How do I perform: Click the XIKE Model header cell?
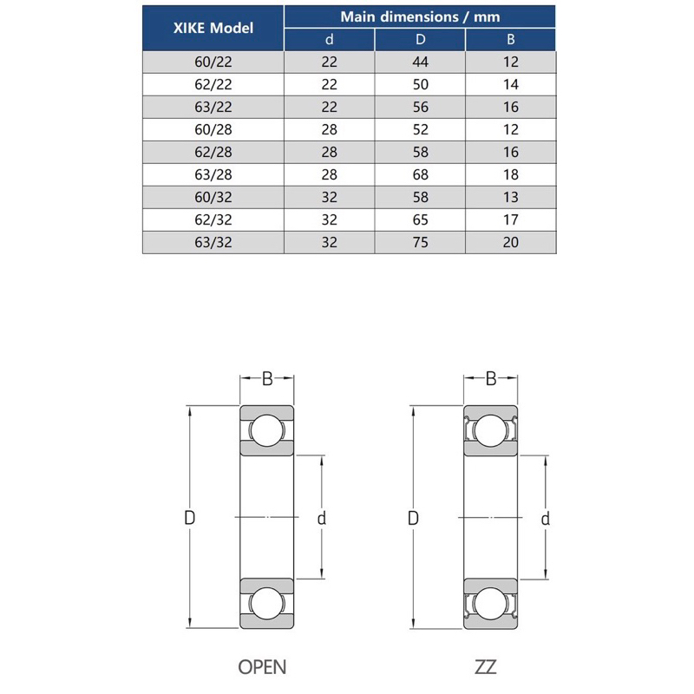(213, 28)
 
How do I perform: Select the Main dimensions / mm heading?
(420, 16)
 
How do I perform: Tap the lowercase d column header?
(330, 39)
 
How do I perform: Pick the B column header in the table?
(511, 39)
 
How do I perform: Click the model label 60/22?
(213, 62)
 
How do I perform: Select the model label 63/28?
(213, 175)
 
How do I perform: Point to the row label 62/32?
(213, 220)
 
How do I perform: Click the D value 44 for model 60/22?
(420, 62)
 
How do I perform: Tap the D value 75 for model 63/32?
(420, 243)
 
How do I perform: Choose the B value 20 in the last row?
(511, 243)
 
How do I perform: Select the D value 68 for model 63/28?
(420, 175)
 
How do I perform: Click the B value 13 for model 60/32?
(511, 198)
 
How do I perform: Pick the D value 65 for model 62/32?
(420, 220)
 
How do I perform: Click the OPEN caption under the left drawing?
(262, 667)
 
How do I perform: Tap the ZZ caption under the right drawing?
(486, 667)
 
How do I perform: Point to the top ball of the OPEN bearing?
(267, 430)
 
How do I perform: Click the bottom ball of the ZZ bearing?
(490, 604)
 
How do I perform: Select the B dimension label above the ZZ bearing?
(491, 379)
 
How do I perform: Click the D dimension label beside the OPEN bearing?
(189, 517)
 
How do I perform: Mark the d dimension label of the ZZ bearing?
(546, 518)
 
